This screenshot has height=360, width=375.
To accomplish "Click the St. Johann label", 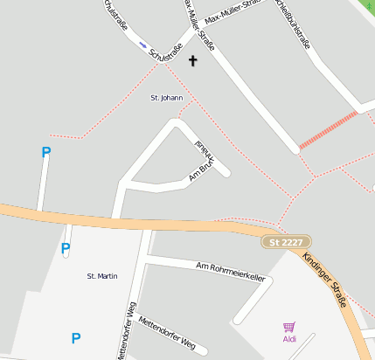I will click(166, 98).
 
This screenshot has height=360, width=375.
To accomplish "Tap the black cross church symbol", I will click(193, 60).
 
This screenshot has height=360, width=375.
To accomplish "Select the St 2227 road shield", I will click(286, 241).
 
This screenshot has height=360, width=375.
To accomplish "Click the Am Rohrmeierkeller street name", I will click(231, 271).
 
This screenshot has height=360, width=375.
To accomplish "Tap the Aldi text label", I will click(289, 338).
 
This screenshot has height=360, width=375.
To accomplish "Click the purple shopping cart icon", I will click(289, 327).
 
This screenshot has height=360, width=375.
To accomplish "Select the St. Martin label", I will click(102, 276).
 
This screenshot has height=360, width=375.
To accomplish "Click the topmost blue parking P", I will click(46, 152).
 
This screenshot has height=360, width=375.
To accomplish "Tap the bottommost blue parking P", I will click(76, 338).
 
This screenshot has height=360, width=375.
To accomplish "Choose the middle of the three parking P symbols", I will click(66, 248).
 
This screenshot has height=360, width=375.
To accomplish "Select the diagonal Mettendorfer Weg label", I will click(166, 333).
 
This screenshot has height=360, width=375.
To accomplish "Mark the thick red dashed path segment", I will click(328, 130).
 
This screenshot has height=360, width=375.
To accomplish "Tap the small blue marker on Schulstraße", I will click(143, 44).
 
